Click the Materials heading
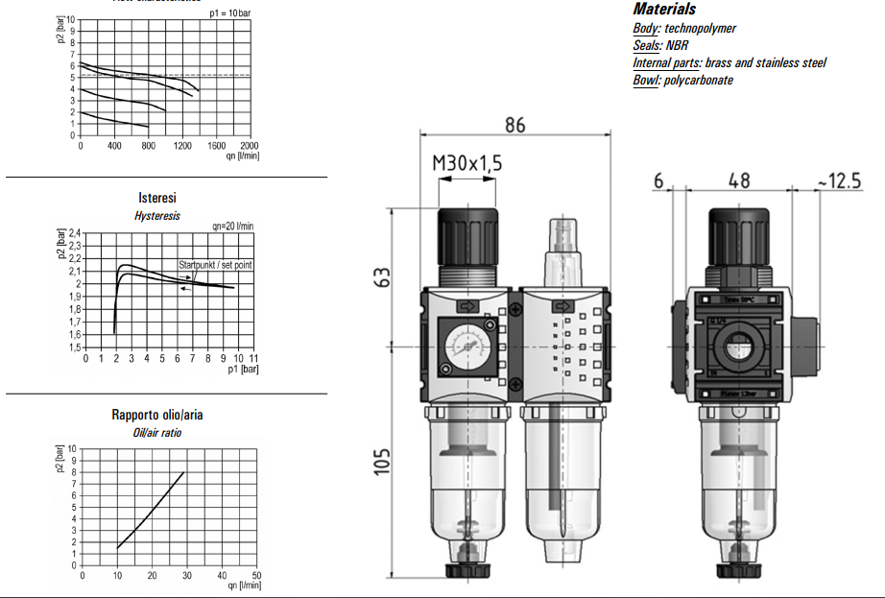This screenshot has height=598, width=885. (664, 9)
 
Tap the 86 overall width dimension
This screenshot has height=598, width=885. (515, 125)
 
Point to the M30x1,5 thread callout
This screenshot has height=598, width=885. (467, 164)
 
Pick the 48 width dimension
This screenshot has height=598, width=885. (738, 179)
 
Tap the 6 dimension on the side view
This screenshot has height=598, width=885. (658, 179)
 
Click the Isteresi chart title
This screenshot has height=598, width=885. (157, 199)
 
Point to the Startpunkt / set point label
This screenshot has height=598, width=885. (215, 264)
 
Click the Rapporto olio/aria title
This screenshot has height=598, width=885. (157, 416)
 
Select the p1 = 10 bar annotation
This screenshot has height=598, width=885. (229, 13)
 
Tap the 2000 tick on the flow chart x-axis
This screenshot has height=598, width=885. (251, 146)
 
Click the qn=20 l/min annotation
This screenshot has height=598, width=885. (232, 226)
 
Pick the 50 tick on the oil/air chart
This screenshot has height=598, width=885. (257, 576)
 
